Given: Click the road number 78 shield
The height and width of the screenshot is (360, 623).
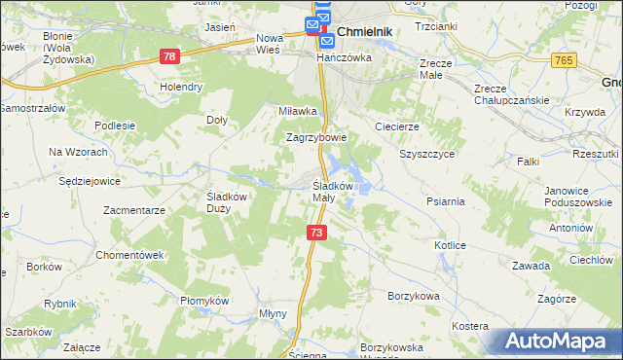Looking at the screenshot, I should coord(170,58).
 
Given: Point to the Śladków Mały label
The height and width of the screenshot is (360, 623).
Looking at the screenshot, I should coord(337,191).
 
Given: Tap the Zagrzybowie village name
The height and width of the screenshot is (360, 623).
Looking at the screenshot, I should coord(316,137).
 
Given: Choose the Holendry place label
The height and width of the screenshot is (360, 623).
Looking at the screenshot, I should coord(181,87).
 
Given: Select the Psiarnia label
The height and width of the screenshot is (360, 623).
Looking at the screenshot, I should coord(445,201).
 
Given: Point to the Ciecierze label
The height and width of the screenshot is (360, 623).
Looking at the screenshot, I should coord(397,126).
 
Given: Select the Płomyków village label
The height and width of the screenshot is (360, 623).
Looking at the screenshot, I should coord(204,301).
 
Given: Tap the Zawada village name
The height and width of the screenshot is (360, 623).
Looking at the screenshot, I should coord(531,267).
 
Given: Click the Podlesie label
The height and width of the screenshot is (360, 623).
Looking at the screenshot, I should coord(114,126).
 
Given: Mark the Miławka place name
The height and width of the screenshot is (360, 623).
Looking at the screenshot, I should coord(298,111).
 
